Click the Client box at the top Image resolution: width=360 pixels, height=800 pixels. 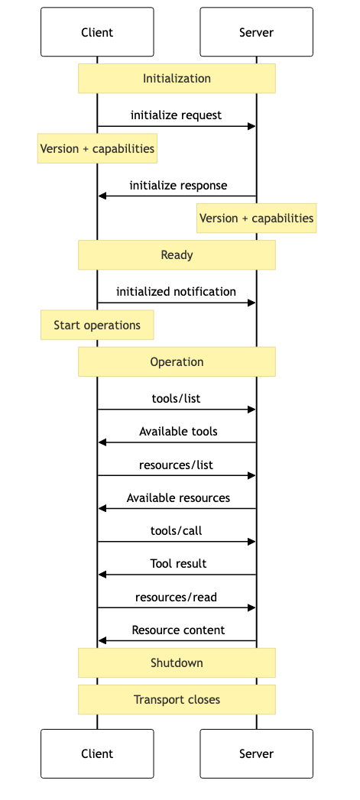[97, 32]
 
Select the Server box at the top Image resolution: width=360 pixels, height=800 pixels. [256, 32]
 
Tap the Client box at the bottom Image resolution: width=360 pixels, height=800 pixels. [97, 753]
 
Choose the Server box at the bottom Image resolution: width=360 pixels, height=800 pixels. [256, 753]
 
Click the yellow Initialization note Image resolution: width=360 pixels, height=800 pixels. [177, 79]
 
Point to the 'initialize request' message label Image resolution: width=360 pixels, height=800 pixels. [176, 115]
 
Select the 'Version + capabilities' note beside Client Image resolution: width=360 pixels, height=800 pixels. [97, 149]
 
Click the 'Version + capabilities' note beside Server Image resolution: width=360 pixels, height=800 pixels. [256, 219]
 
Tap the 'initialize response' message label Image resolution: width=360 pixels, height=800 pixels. [178, 186]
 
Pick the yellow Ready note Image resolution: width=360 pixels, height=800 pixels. [177, 255]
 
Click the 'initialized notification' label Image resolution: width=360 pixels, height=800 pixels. [176, 292]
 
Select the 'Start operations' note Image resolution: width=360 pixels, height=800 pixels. [97, 326]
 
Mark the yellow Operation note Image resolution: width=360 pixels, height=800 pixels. [177, 362]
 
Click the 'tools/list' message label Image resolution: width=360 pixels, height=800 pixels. [176, 399]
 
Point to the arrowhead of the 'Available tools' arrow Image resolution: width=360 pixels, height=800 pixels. [102, 442]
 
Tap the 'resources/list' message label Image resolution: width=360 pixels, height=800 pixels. [176, 465]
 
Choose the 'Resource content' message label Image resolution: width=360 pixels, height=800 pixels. [178, 630]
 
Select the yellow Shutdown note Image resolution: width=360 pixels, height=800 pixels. [177, 663]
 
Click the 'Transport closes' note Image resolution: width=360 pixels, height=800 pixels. [177, 700]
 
